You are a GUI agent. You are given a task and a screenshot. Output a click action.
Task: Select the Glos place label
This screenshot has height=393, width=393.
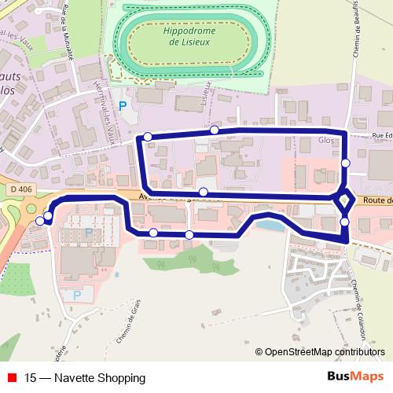click(326, 141)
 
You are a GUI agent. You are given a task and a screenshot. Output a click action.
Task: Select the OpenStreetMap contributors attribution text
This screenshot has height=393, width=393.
click(325, 353)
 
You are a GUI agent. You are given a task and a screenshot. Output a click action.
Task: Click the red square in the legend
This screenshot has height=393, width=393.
click(13, 378)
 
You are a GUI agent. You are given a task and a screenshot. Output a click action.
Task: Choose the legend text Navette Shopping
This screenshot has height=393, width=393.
click(75, 378)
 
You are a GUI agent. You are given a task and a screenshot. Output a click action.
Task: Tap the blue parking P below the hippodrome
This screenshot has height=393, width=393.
click(121, 104)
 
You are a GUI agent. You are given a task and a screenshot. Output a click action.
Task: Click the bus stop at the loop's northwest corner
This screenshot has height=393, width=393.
click(147, 137)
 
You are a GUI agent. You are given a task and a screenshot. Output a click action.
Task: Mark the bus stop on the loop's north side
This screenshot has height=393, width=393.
click(214, 130)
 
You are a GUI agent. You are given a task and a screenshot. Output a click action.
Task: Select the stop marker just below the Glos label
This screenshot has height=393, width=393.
click(346, 163)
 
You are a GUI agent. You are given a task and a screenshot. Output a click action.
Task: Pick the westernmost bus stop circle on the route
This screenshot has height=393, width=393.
click(41, 221)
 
